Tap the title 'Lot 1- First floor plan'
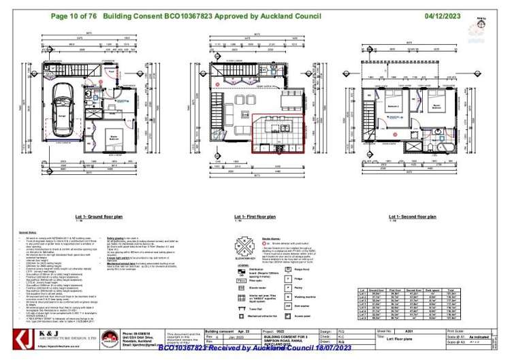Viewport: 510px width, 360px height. coord(251,216)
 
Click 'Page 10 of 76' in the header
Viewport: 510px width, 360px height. coord(74,14)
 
